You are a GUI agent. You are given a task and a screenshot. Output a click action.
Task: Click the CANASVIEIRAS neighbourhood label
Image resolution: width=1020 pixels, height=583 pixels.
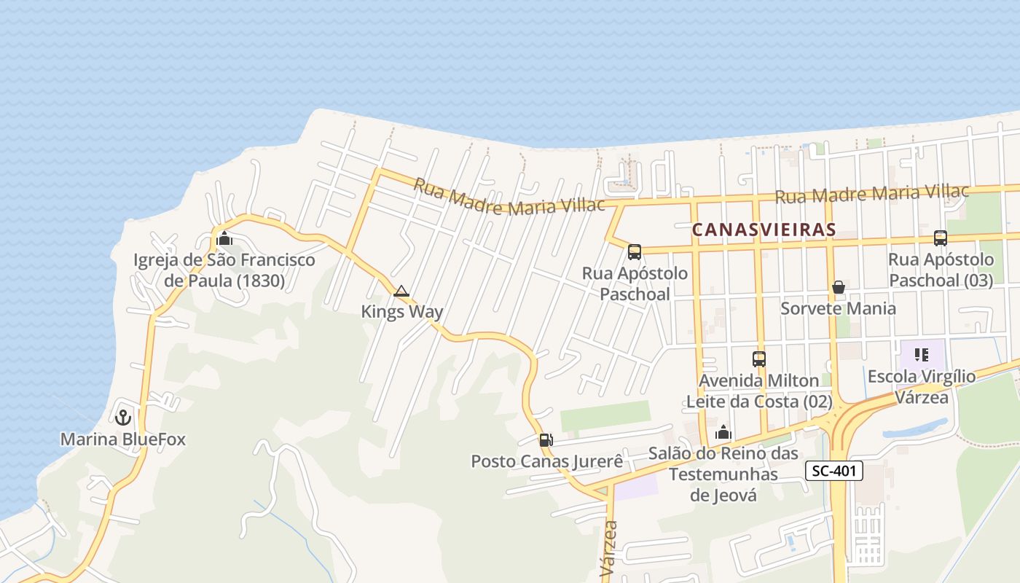point(764,230)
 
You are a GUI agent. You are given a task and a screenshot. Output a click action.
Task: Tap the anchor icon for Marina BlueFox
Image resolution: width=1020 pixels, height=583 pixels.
point(123,418)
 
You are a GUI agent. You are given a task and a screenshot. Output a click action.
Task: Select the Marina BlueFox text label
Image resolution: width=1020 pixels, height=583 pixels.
point(122,439)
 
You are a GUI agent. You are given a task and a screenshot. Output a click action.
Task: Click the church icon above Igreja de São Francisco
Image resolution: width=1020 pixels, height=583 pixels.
point(224,238)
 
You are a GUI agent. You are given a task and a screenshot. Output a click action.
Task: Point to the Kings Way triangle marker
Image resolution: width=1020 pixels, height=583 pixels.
point(401,291)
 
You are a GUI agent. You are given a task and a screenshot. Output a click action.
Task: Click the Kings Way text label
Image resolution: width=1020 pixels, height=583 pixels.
point(402,312)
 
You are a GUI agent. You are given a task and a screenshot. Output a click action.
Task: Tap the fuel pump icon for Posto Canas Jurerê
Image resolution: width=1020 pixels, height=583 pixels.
point(546,439)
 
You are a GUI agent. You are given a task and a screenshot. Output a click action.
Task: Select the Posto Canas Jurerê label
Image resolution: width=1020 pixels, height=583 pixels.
point(547,461)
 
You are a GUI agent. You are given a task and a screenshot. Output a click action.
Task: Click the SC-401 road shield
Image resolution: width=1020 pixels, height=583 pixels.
point(834,471)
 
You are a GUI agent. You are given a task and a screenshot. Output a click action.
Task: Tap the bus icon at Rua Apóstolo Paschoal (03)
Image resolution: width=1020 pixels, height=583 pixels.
point(941,238)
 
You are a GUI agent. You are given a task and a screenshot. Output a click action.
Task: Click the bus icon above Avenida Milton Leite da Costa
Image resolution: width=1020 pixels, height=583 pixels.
point(759,359)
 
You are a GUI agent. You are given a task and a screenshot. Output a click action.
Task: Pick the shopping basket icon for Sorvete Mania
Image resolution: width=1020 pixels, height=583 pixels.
point(839,287)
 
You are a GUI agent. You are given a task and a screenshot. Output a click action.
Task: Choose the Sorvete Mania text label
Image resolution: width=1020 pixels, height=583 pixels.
point(839,308)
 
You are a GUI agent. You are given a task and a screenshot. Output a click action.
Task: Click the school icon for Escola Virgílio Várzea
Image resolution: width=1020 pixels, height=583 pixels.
point(922,355)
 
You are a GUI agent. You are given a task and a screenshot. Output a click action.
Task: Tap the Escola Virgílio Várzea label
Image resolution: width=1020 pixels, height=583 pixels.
point(922,387)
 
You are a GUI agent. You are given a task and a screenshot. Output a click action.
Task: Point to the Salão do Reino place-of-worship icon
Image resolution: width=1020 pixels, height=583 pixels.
point(723,432)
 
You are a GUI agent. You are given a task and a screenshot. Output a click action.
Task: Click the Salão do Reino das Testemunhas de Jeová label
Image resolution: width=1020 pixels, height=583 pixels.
point(723,474)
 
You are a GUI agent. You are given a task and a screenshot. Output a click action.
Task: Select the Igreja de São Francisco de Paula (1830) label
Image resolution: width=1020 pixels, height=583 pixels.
point(224,270)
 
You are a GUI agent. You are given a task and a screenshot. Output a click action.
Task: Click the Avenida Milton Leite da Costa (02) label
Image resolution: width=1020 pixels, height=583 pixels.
point(759,391)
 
